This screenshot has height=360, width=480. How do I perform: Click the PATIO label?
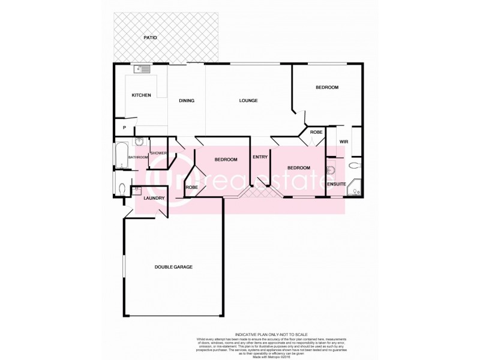tap(150, 38)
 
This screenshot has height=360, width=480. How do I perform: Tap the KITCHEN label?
tap(142, 95)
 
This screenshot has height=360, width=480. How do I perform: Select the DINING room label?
tap(187, 100)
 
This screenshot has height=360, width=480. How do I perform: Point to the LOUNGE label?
tap(248, 100)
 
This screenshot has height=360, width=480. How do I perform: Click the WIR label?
tap(344, 142)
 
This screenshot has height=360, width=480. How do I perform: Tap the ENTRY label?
tap(260, 157)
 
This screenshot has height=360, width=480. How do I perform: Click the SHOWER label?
tap(158, 153)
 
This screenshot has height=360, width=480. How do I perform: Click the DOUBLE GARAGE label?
tap(173, 267)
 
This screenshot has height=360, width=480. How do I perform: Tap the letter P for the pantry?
tap(124, 128)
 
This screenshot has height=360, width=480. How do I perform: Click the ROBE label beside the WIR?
tap(316, 132)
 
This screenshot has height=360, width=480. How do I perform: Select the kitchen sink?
tap(143, 69)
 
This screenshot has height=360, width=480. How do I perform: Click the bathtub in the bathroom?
tap(120, 156)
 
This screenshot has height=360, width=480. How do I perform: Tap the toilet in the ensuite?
tap(355, 165)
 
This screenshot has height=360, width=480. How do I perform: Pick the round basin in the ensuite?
tap(329, 170)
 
